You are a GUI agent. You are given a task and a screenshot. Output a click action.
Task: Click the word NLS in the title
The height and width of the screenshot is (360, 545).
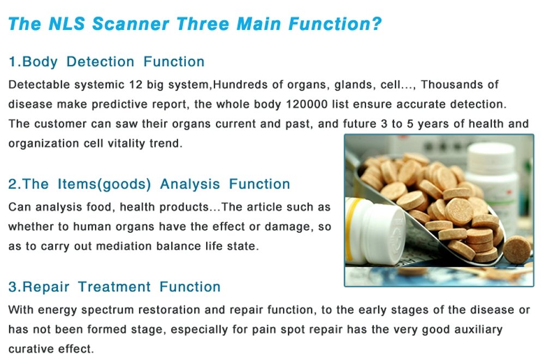tap(66, 24)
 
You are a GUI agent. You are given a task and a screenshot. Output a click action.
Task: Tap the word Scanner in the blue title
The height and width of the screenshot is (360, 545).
tap(131, 24)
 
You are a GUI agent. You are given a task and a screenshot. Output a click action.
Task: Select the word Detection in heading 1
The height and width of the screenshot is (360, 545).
tap(100, 62)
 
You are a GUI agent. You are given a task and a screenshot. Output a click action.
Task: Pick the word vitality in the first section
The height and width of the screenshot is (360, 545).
tap(126, 143)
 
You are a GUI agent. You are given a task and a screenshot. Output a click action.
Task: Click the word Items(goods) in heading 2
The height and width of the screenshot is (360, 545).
tap(104, 184)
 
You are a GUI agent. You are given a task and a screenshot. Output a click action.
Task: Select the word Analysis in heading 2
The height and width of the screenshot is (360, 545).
tap(190, 184)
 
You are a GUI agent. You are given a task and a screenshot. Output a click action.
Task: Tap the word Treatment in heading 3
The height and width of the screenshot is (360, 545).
tap(114, 287)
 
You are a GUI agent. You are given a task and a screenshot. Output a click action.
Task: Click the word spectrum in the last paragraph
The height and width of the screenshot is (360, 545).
tap(107, 310)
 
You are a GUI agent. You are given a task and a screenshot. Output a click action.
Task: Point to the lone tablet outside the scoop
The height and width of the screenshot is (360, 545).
tap(517, 249)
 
